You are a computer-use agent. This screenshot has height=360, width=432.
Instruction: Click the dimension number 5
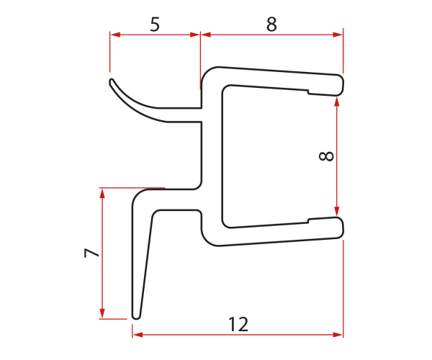coord(155,24)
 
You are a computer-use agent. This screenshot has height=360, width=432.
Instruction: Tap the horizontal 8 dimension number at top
coord(271,24)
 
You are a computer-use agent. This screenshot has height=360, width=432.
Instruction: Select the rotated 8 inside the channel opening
coord(326,156)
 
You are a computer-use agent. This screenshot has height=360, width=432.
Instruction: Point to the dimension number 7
coord(91,253)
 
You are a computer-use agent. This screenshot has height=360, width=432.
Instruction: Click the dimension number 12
coord(238,324)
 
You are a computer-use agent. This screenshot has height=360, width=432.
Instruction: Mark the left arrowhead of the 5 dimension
coord(114,35)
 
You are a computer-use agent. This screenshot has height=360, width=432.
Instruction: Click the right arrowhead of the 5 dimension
coord(195,35)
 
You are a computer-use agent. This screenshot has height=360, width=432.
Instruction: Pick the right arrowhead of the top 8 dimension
coord(338,35)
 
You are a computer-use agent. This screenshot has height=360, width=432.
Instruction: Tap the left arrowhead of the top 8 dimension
coord(206,35)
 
